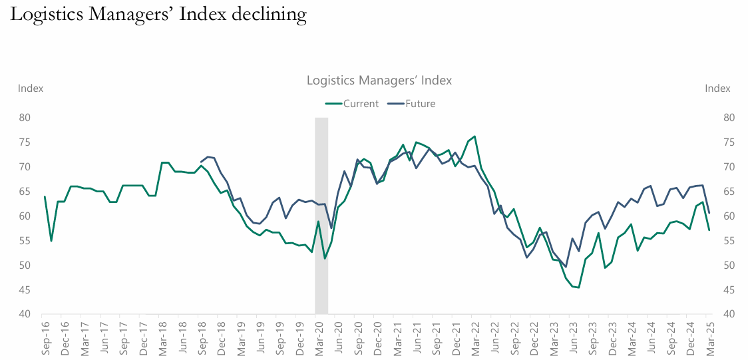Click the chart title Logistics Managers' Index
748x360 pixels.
click(379, 81)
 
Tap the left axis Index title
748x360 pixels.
click(31, 89)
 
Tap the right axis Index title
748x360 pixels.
click(717, 89)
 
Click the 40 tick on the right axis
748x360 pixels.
click(728, 314)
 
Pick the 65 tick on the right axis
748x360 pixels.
click(728, 192)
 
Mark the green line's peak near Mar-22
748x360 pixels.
click(474, 136)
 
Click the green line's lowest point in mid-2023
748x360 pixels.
click(579, 287)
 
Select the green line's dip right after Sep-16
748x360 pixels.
click(51, 241)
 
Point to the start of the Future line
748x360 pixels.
click(202, 162)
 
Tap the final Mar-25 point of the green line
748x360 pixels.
click(709, 230)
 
